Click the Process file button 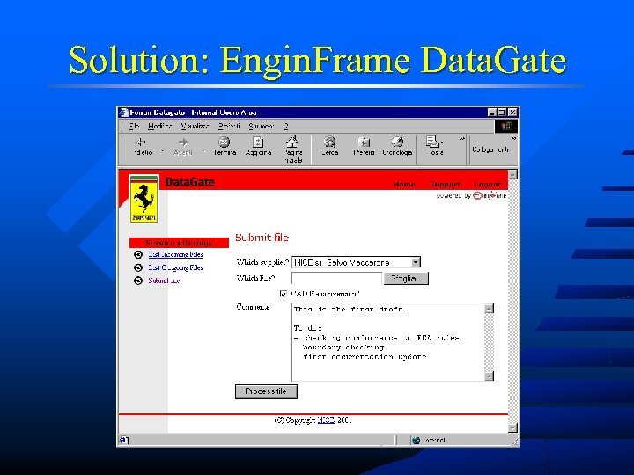pos(266,391)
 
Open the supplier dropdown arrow pos(416,262)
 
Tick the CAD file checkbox pos(283,293)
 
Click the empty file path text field pos(336,278)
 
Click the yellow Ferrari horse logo pos(144,199)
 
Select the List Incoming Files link pos(175,255)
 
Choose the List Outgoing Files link pos(175,267)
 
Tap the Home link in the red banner pos(404,185)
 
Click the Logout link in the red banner pos(488,185)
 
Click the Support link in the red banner pos(445,185)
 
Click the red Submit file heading pos(262,237)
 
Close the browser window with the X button pos(512,113)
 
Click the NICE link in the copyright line pos(326,420)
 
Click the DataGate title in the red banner pos(190,182)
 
